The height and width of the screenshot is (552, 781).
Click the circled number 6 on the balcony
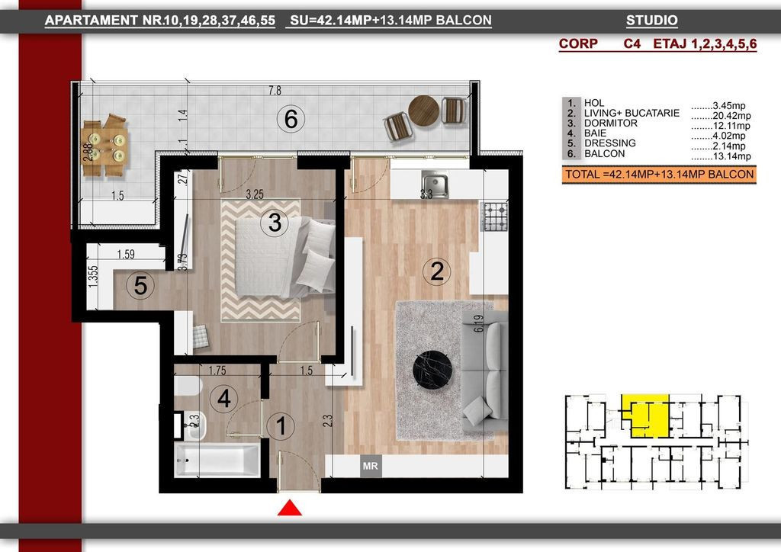coord(291,120)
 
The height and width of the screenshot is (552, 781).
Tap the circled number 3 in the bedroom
coord(275,223)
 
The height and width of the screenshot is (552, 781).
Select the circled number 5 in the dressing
coord(140,286)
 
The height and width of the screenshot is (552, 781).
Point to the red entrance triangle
coord(289,509)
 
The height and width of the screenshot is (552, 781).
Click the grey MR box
coord(371,467)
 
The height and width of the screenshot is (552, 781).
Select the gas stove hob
coord(494,217)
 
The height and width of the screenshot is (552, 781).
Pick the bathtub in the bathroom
coord(217,460)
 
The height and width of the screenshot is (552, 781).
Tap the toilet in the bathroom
coord(188,385)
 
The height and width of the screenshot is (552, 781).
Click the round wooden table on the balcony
coord(424,111)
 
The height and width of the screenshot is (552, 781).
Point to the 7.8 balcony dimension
coord(275,91)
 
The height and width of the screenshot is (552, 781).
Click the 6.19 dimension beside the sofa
coord(479,323)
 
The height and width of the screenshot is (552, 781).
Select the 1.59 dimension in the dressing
coord(126,255)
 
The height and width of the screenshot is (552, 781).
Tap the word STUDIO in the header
coord(652,21)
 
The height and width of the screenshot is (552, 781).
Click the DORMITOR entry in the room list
coord(611,123)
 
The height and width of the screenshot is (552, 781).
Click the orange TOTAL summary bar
coord(659,175)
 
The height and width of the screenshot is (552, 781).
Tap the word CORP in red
coord(578,43)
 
